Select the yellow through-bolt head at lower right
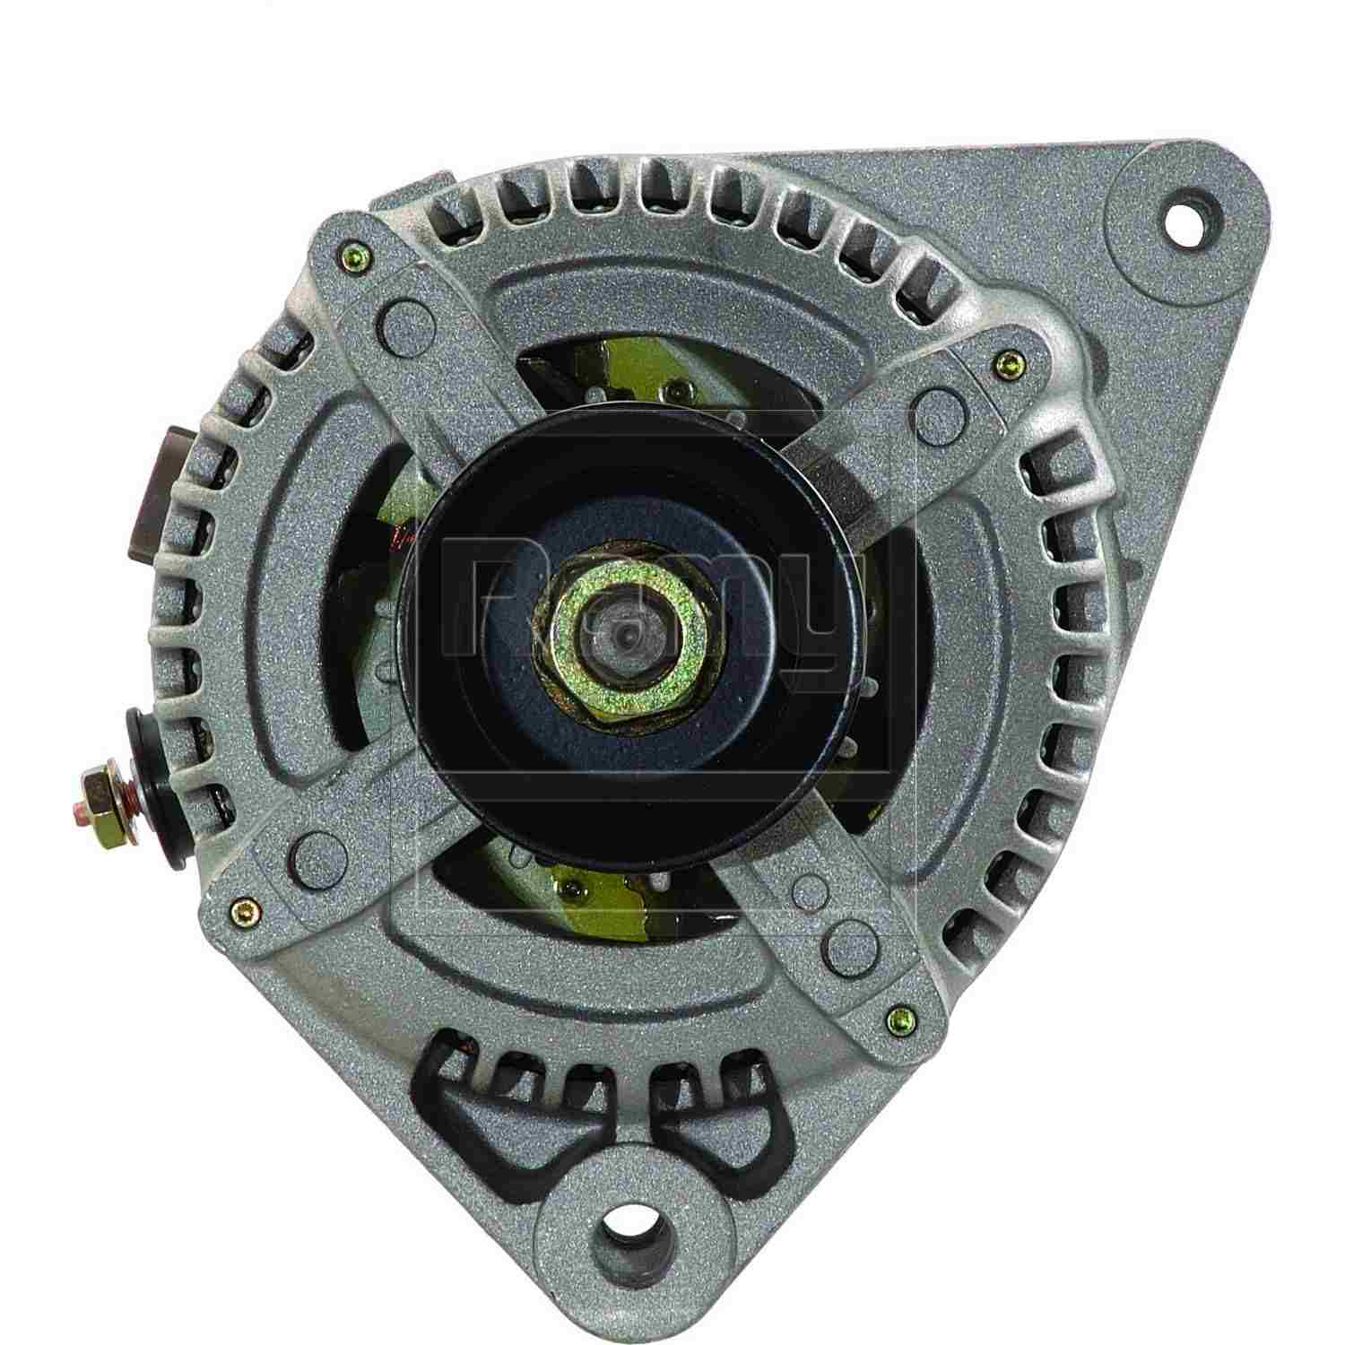897,1015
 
